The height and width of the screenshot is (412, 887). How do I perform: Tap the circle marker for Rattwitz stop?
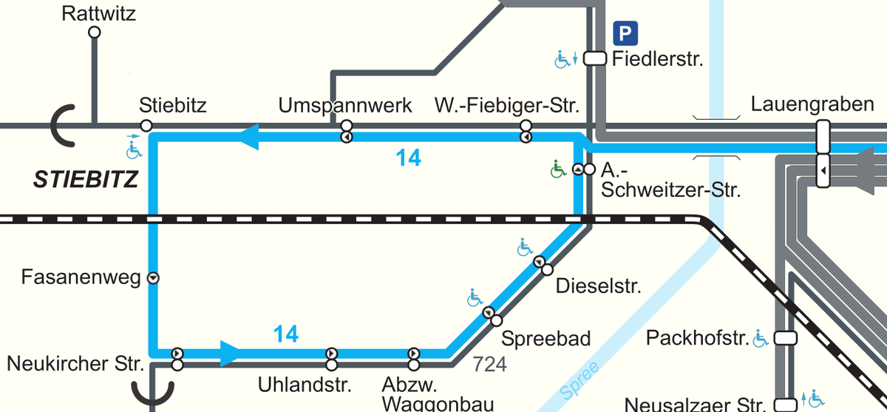[94, 33]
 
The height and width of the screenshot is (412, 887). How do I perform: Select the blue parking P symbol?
[625, 33]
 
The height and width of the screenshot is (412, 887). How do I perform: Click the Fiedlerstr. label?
[657, 58]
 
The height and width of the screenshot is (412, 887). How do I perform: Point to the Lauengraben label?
[812, 104]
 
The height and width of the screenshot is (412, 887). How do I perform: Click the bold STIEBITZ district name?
[86, 179]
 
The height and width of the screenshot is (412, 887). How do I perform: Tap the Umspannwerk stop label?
[345, 105]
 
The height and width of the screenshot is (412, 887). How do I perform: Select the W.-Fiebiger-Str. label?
[506, 105]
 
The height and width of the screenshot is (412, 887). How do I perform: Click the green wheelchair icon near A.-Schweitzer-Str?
[557, 170]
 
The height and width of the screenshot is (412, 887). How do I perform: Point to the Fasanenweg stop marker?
[154, 279]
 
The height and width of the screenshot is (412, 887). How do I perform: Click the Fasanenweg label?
[81, 278]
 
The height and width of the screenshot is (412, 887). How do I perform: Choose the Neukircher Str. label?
[75, 364]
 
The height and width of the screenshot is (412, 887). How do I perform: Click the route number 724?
[489, 364]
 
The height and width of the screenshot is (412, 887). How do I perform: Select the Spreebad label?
[546, 339]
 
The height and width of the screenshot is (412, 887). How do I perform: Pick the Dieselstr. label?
[599, 286]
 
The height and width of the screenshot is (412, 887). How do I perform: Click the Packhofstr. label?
[697, 339]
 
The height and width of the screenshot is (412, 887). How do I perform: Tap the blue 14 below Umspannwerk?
[408, 158]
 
